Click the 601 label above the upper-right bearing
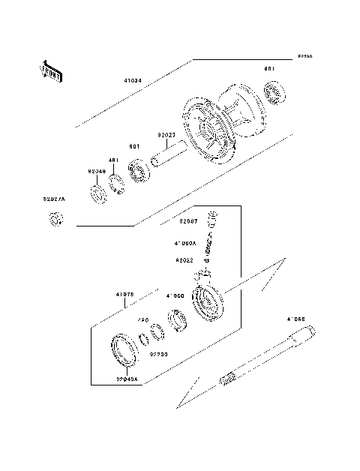tap(270, 69)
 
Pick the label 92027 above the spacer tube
tap(166, 136)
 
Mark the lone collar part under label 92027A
tap(55, 220)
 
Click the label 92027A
tap(53, 199)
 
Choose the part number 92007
tap(187, 221)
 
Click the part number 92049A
tap(127, 379)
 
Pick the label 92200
tap(157, 352)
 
